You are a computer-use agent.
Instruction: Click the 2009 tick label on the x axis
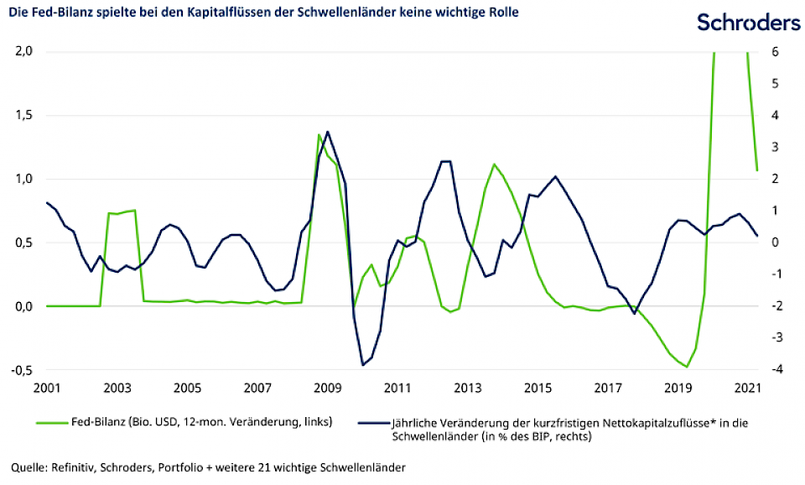328,389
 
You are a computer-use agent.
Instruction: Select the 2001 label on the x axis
46,389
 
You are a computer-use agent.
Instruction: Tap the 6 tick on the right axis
776,51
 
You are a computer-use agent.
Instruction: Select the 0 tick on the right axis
776,242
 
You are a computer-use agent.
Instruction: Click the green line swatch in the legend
55,421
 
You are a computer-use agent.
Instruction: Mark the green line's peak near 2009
319,134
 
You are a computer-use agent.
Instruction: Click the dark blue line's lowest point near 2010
363,365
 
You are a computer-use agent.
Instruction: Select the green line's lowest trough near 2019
688,367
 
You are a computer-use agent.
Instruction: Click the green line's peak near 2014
494,164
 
